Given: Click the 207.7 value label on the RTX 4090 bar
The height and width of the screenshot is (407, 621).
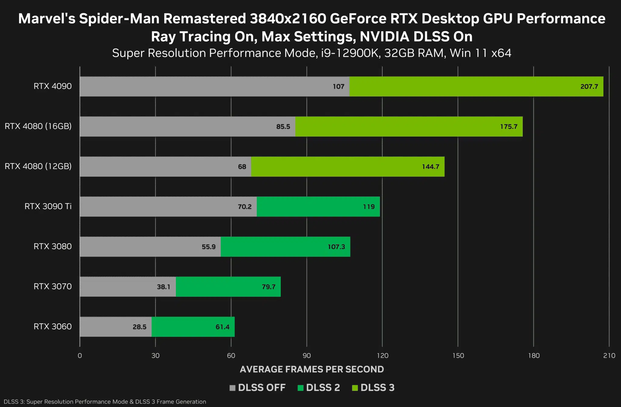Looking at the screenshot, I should pos(589,87).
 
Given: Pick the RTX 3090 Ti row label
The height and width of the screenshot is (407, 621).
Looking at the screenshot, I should pos(48,207).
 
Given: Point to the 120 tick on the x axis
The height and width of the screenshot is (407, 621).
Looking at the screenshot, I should pos(382,356).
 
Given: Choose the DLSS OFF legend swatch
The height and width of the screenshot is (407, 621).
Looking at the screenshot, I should pos(233,388).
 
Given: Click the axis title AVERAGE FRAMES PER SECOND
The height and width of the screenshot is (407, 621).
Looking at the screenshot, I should pos(312,369).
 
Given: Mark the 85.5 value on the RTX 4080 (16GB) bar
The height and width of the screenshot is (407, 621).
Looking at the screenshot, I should pos(283,127).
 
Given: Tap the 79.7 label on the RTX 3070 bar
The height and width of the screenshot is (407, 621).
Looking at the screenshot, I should pos(268,287).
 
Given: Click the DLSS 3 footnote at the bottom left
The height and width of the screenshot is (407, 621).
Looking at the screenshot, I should pos(105,402).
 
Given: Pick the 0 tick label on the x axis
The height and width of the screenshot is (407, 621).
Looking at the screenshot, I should pos(80,356).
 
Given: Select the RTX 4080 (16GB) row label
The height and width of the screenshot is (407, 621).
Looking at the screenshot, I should pos(38,126).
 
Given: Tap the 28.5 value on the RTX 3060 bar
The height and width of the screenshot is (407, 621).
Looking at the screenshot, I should pos(139,327).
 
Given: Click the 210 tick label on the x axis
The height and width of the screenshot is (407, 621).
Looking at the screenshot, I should pos(609,356).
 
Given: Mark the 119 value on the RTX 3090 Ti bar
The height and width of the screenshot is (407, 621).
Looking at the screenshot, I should pos(369,207).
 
